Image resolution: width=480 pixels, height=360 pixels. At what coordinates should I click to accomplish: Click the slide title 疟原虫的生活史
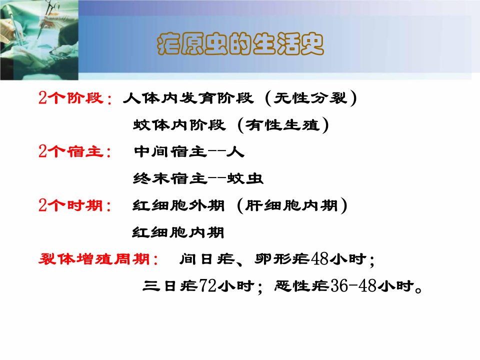point(240,44)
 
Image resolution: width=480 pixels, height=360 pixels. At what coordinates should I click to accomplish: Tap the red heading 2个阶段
point(71,98)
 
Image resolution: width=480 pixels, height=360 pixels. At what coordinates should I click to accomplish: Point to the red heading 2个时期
point(70,205)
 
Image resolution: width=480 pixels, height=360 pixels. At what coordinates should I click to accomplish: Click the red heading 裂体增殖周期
point(94,259)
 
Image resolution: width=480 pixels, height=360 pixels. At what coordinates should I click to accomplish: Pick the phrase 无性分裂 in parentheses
point(310,98)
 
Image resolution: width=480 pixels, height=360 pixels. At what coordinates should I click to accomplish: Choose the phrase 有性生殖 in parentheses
point(283,125)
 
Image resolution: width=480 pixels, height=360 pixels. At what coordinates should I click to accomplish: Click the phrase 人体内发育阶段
point(188,98)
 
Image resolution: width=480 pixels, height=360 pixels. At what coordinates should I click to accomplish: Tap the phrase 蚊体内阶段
point(179,125)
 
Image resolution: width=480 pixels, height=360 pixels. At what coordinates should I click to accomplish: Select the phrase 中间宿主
point(170,151)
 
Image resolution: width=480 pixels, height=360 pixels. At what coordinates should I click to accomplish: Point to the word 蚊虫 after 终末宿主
point(245,178)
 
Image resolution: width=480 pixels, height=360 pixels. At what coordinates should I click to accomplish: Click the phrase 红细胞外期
point(178,205)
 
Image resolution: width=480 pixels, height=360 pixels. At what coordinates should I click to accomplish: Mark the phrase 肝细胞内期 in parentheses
point(291,205)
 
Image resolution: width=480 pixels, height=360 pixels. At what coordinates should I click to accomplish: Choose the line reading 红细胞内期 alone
point(178,232)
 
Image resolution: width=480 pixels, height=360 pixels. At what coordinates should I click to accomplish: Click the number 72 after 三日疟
point(208,286)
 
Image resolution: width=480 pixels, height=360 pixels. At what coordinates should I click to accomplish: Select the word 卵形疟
point(282,259)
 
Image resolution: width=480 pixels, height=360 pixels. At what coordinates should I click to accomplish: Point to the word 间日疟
point(207,259)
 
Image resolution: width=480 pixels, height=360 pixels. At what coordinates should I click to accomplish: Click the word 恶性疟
point(302,286)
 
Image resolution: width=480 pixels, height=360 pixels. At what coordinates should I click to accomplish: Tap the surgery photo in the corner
point(39,40)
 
